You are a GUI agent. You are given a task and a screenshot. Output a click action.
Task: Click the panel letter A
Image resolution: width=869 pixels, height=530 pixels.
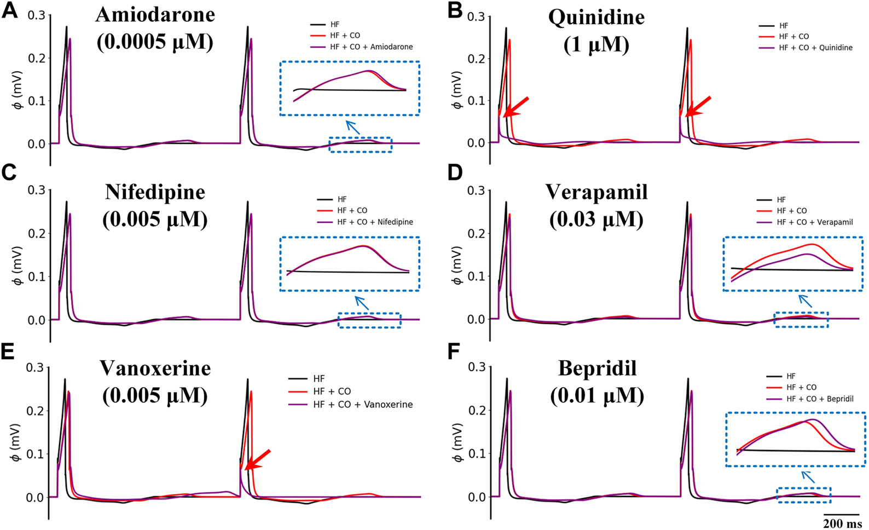[x=9, y=10]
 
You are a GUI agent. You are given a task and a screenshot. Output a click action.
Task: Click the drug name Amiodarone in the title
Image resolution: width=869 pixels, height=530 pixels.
[x=155, y=15]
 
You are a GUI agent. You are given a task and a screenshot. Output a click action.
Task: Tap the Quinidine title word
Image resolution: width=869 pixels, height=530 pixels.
[x=596, y=17]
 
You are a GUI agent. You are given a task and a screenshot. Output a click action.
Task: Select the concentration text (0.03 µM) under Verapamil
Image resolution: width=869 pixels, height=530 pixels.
[x=596, y=219]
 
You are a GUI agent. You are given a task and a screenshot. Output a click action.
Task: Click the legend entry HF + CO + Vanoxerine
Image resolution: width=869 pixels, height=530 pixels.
[x=363, y=405]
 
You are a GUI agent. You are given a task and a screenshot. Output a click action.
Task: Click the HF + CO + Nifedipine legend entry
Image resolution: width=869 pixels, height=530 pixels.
[x=375, y=222]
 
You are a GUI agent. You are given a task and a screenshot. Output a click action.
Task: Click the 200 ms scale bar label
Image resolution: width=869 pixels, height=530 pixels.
[x=842, y=523]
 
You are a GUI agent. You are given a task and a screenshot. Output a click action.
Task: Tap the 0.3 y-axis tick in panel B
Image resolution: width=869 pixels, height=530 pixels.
[x=476, y=16]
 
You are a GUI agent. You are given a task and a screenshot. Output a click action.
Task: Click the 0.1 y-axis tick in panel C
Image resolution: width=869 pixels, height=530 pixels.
[x=36, y=276]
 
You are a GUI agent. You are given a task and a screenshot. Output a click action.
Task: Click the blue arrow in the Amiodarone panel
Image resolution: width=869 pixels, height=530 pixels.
[x=353, y=127]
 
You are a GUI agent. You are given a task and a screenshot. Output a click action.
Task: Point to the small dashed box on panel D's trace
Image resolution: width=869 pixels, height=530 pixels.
[x=801, y=320]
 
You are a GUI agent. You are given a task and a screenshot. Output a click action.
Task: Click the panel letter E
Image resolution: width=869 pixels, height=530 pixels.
[x=8, y=352]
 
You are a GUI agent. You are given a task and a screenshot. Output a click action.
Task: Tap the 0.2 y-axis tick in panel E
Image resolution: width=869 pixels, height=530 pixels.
[x=36, y=411]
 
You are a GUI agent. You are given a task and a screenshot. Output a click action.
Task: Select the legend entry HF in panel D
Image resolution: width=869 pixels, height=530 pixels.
[x=781, y=200]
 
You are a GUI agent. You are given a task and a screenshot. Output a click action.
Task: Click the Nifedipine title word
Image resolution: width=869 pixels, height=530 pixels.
[x=155, y=192]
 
